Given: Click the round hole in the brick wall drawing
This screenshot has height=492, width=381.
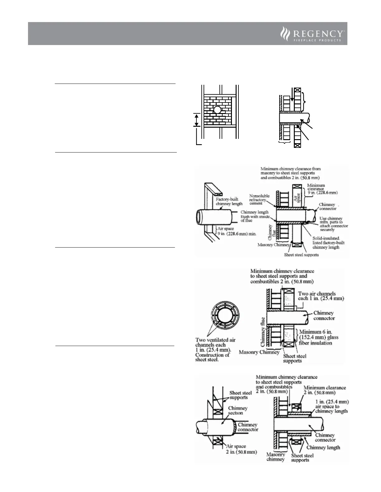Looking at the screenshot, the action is (218, 110).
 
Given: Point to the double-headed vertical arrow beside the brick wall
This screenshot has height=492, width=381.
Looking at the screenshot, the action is (196, 120).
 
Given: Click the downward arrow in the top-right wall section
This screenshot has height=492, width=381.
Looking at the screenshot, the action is (292, 95).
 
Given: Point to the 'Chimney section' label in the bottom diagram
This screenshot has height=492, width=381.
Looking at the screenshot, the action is (238, 410).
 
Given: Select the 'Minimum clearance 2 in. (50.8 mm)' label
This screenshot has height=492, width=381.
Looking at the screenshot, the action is (324, 390).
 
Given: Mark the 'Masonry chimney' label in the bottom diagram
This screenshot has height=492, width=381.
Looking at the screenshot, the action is (276, 457).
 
